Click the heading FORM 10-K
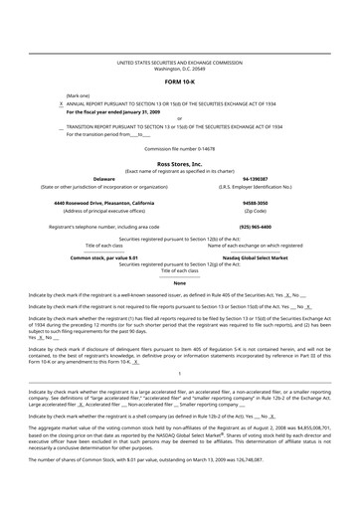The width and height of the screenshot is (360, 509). [179, 80]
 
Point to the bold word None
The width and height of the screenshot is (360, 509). [179, 282]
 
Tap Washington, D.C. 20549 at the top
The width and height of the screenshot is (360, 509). [179, 69]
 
